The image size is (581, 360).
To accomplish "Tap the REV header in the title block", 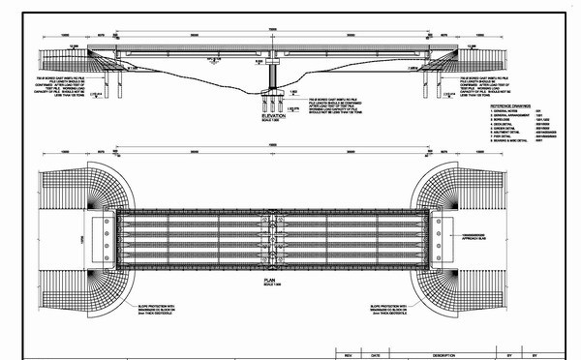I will pyautogui.click(x=348, y=354).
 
